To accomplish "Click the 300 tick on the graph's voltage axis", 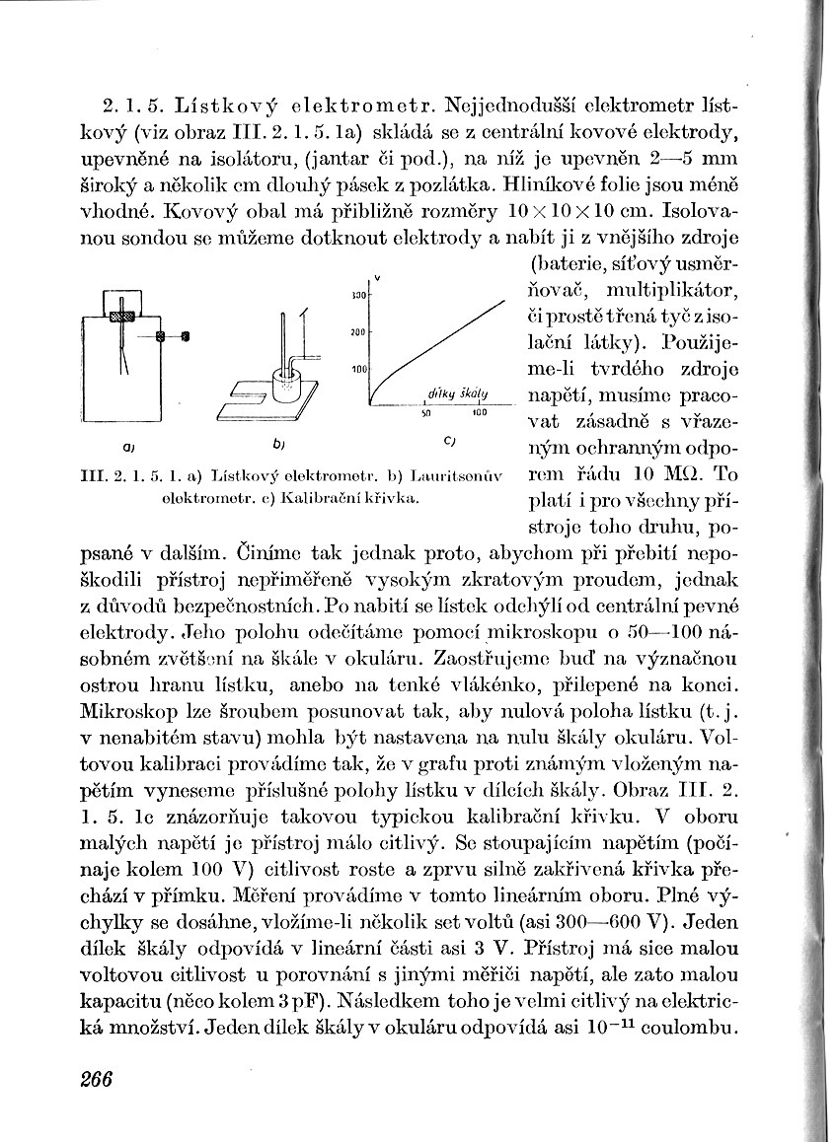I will [x=359, y=295].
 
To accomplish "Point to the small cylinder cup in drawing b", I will [x=288, y=383].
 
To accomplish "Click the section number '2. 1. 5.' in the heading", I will [x=133, y=104].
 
